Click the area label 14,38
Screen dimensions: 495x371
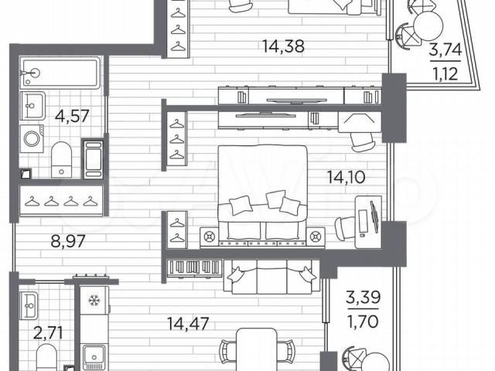pos(284,46)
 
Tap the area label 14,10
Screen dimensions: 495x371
pos(346,177)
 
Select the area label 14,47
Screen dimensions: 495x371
pos(188,324)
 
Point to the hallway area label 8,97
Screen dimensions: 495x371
pos(68,241)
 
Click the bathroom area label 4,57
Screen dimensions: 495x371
pos(72,116)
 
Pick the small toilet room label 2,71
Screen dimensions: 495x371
pos(48,333)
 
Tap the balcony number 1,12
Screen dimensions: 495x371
pos(445,74)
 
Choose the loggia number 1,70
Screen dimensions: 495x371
pos(363,322)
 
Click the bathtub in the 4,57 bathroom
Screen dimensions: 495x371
pos(60,73)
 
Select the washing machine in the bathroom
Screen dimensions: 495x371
pos(32,139)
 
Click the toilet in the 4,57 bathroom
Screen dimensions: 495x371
pos(62,160)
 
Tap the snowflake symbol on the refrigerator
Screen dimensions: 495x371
pos(94,301)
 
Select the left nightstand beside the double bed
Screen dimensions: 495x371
pos(209,236)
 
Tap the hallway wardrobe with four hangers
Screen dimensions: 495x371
pos(61,201)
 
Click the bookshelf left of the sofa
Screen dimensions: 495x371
pos(195,268)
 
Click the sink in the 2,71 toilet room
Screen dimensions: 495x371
pos(29,305)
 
